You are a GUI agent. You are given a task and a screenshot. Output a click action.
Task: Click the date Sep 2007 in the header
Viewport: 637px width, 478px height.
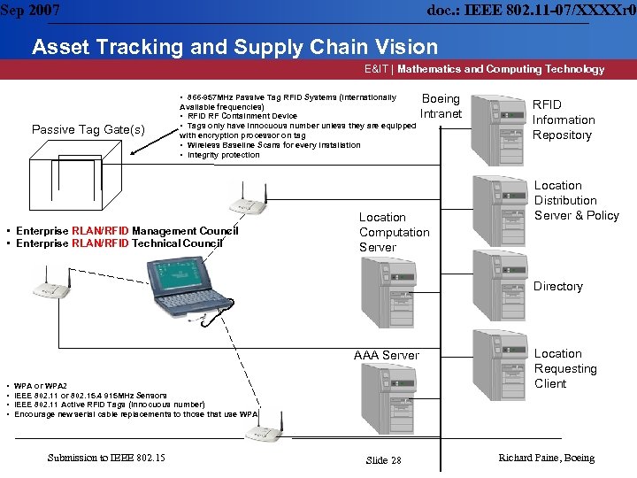point(30,10)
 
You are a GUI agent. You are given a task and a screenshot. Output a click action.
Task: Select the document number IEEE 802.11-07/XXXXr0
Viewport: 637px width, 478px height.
point(531,10)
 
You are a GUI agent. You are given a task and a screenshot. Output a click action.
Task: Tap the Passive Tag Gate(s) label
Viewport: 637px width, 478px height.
point(88,130)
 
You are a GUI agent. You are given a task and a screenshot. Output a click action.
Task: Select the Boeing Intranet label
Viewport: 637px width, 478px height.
point(441,106)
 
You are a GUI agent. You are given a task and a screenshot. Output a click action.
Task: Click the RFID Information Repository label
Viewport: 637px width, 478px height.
point(564,119)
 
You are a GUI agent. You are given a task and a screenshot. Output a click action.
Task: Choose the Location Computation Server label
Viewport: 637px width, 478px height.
point(394,232)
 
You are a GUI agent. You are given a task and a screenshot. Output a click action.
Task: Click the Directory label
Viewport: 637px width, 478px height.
point(558,286)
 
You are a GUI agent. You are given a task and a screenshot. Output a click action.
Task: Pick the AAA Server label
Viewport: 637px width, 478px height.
point(387,355)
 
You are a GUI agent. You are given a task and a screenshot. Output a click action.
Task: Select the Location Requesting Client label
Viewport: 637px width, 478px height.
point(565,368)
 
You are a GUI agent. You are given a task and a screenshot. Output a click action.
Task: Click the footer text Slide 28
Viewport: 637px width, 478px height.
point(383,460)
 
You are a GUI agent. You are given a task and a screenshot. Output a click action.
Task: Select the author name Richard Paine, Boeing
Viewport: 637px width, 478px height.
point(547,458)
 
